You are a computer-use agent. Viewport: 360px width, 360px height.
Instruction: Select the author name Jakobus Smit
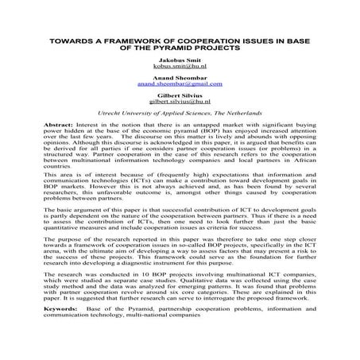pyautogui.click(x=180, y=83)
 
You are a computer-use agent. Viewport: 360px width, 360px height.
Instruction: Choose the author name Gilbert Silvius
pyautogui.click(x=180, y=117)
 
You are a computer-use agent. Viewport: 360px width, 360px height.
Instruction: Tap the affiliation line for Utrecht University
pyautogui.click(x=180, y=136)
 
